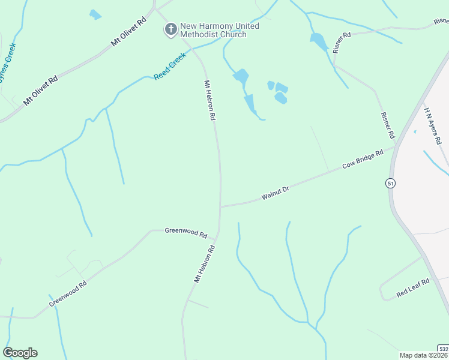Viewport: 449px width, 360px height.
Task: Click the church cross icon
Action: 171,29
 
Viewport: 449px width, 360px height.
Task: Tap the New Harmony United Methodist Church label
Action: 220,30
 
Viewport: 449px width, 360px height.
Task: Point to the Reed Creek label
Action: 170,67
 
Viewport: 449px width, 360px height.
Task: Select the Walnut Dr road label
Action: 276,193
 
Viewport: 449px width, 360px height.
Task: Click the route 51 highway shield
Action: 391,183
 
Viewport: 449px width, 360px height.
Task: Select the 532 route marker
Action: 443,349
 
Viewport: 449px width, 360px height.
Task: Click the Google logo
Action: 20,353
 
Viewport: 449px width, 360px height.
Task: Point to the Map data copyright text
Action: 424,355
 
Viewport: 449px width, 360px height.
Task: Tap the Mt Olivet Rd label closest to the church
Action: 128,32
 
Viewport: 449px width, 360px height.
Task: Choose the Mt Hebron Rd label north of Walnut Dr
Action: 209,101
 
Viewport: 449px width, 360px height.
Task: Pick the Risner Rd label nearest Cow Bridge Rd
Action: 387,122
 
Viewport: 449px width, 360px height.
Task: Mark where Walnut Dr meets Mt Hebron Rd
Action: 220,206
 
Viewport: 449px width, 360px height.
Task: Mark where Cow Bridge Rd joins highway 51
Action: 395,146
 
